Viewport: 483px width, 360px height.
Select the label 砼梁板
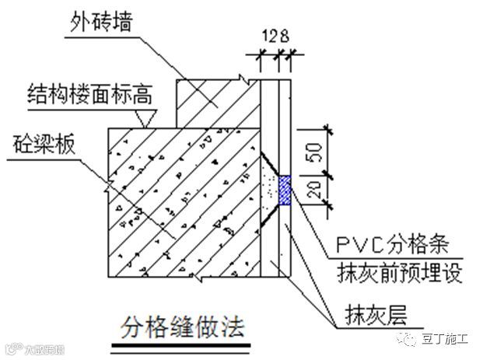(x=45, y=145)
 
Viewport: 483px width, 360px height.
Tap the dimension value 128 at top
(x=275, y=36)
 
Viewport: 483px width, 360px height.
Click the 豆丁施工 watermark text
(x=445, y=338)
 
